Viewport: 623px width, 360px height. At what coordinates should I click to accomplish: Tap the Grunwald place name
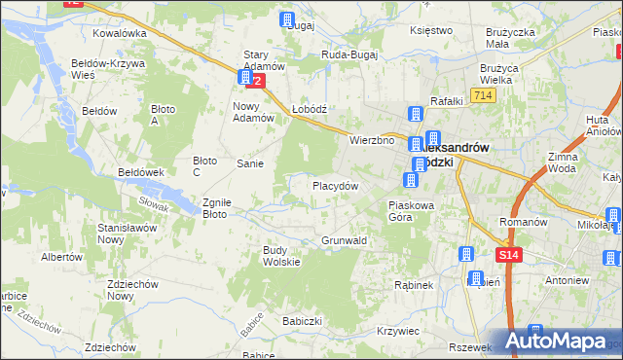(x=344, y=239)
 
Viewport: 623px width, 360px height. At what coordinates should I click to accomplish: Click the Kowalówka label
(x=120, y=32)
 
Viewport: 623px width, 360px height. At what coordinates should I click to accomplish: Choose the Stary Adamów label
(x=264, y=60)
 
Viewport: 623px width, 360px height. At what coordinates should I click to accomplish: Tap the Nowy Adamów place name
(x=248, y=112)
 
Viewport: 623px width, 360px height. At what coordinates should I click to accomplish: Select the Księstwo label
(x=432, y=30)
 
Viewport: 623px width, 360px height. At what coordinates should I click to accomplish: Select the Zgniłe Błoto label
(x=215, y=208)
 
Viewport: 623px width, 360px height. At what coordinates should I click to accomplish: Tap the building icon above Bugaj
(x=288, y=18)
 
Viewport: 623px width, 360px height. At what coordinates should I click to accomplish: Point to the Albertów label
(x=60, y=257)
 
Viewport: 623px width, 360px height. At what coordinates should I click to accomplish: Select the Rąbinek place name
(x=413, y=285)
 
